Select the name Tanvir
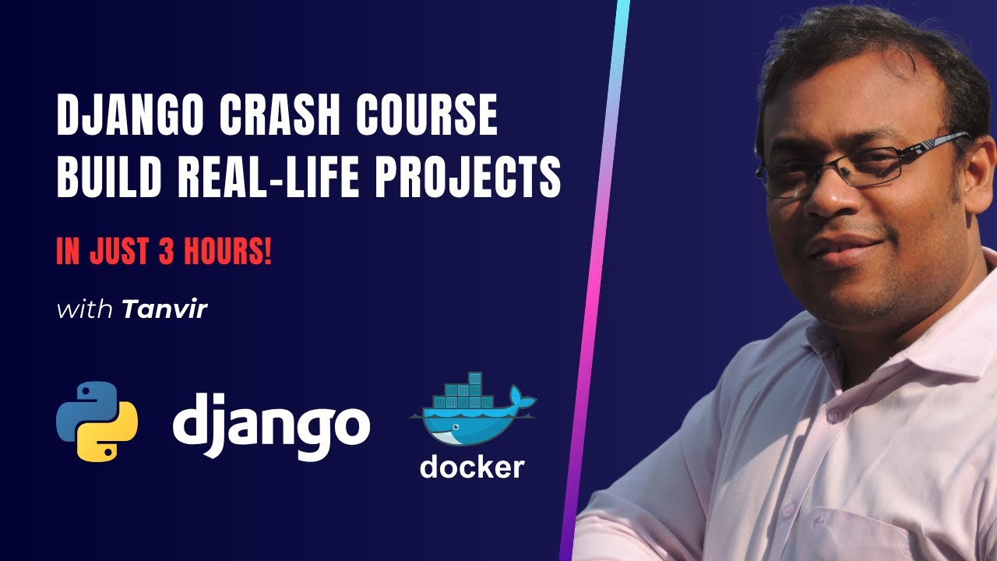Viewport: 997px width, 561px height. (x=164, y=309)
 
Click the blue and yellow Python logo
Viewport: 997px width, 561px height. (x=97, y=421)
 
